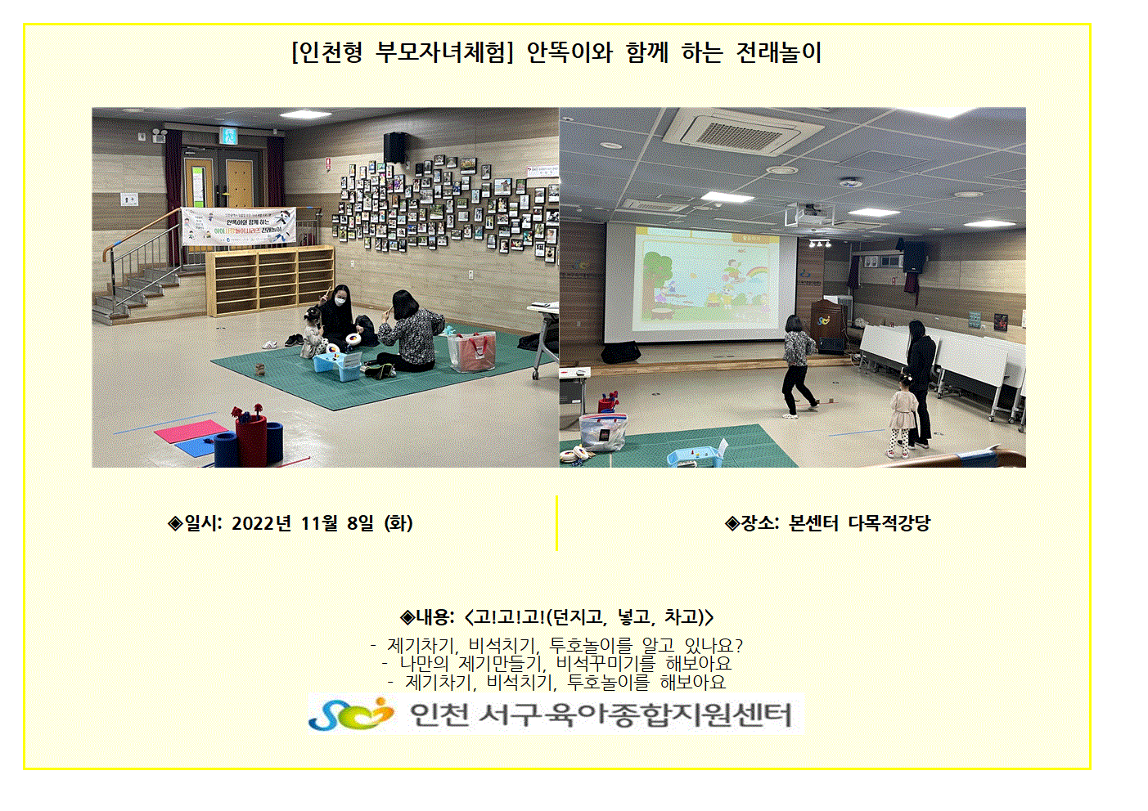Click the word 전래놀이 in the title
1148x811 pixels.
[778, 52]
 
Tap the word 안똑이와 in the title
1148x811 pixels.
[569, 52]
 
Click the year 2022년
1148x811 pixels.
[261, 523]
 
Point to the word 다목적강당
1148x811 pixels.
[889, 523]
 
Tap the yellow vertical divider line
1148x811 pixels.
[556, 523]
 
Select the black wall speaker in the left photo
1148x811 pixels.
[396, 147]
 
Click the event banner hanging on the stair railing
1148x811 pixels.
[239, 226]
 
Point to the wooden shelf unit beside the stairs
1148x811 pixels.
[270, 280]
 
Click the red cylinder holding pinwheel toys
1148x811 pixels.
[251, 439]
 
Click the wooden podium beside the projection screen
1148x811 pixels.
[829, 327]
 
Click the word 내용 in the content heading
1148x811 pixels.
[432, 617]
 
